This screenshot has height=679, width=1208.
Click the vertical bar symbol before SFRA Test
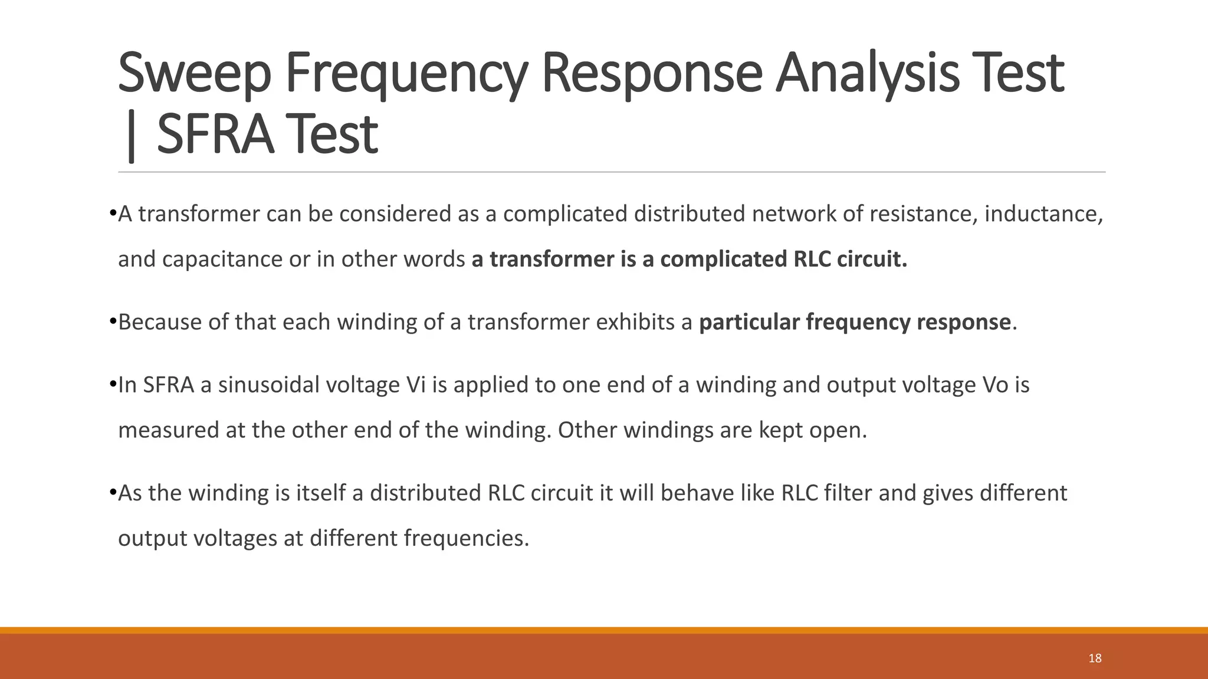pyautogui.click(x=131, y=137)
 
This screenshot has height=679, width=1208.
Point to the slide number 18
pyautogui.click(x=1095, y=658)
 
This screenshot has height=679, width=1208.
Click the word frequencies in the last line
pyautogui.click(x=465, y=539)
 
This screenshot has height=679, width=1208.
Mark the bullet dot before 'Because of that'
pyautogui.click(x=113, y=321)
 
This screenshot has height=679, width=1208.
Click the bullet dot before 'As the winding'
pyautogui.click(x=113, y=492)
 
